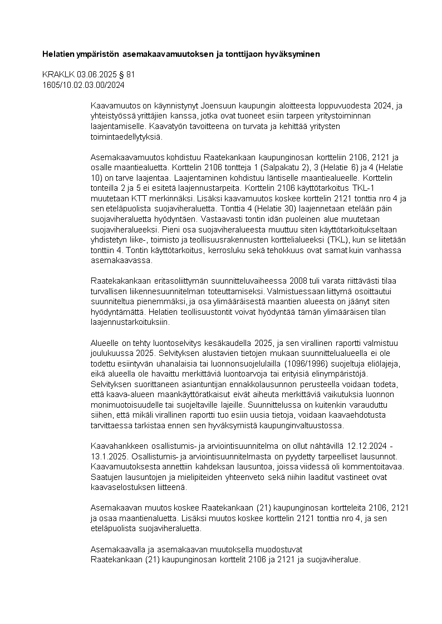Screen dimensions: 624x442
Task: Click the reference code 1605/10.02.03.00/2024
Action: click(84, 85)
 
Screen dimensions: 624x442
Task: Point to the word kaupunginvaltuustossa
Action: click(306, 425)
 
